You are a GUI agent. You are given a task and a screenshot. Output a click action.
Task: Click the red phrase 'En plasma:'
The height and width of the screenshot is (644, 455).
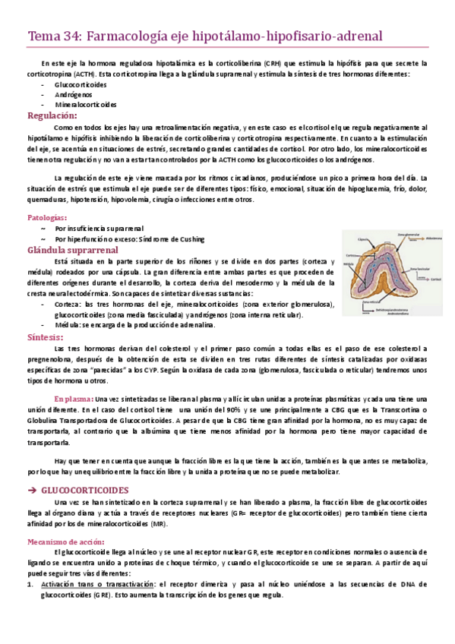point(73,398)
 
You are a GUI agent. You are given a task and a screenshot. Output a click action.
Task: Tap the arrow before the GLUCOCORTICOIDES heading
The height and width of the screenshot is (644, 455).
point(32,491)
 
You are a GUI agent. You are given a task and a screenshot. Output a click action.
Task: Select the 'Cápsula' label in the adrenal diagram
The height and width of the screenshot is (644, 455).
point(363,240)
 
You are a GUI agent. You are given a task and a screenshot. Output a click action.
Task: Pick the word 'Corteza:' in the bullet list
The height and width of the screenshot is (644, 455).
point(68,304)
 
